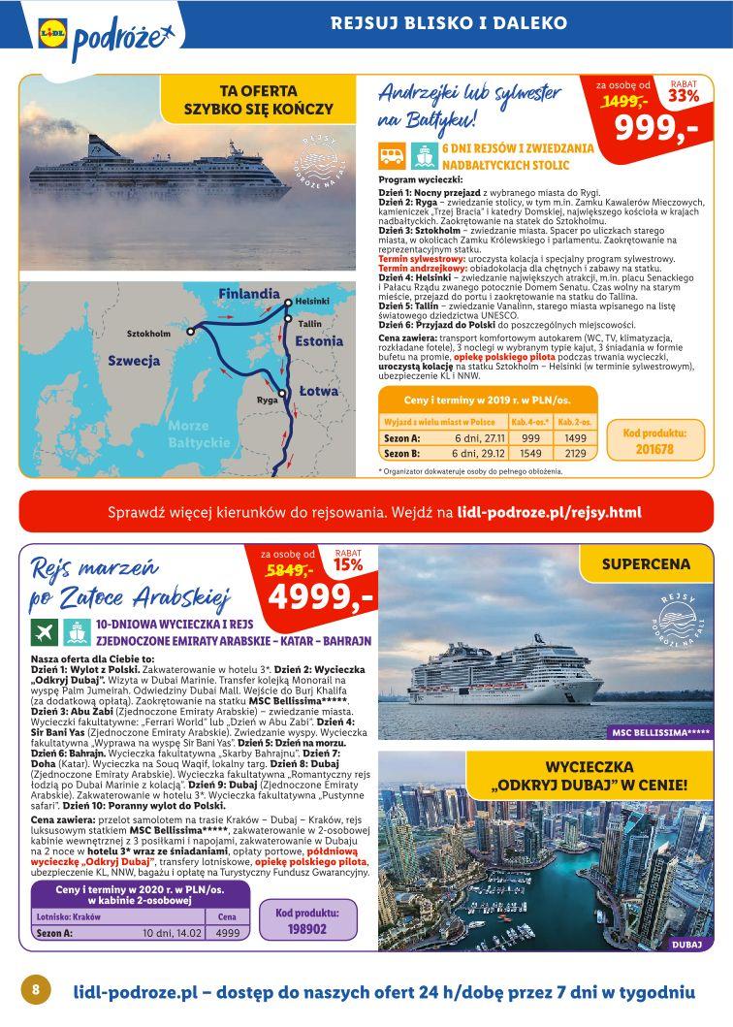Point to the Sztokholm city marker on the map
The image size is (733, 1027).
click(x=192, y=331)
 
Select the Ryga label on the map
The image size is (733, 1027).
click(x=268, y=399)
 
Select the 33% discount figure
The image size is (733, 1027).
click(x=683, y=95)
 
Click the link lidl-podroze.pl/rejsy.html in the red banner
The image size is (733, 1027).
click(x=549, y=510)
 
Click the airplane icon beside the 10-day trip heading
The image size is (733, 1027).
click(x=42, y=631)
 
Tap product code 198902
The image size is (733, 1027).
click(x=307, y=927)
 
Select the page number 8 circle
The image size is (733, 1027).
click(x=35, y=989)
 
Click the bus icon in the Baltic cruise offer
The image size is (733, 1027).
click(x=393, y=154)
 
